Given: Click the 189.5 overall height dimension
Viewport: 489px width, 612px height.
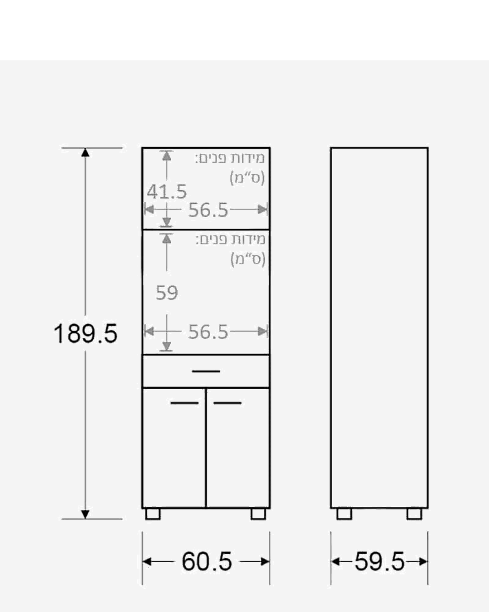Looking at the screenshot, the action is [86, 334].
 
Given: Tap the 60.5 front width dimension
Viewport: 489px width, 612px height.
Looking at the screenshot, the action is [207, 562].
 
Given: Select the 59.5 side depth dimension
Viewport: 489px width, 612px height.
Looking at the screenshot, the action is [380, 562].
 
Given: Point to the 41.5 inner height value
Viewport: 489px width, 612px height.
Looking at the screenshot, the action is [167, 191].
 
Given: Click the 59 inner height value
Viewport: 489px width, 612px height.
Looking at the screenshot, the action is [167, 293].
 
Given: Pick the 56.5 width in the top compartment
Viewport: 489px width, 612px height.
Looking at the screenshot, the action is [208, 210].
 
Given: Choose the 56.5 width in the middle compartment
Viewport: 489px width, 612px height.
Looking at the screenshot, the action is [208, 332].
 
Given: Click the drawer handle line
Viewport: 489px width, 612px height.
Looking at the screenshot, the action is [206, 371].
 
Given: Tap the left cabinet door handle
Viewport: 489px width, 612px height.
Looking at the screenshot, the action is [185, 403].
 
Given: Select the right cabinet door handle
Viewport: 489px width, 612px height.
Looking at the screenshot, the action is [228, 403].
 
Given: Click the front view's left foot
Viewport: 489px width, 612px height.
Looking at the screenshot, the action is [153, 514].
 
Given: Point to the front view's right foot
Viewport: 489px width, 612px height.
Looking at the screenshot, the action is [258, 514].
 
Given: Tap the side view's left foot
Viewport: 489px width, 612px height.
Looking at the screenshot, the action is [344, 514].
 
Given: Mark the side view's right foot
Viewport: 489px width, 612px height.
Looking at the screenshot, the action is [414, 514].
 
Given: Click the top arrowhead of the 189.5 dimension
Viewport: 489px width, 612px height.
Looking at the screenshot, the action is [85, 153].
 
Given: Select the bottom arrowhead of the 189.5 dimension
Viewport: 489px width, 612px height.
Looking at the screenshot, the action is [85, 514].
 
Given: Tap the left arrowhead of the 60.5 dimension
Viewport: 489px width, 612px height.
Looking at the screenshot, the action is [147, 562].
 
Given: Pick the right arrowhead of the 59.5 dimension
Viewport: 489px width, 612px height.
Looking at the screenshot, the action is [423, 562].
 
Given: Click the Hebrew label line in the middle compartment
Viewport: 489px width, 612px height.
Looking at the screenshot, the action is [230, 240].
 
